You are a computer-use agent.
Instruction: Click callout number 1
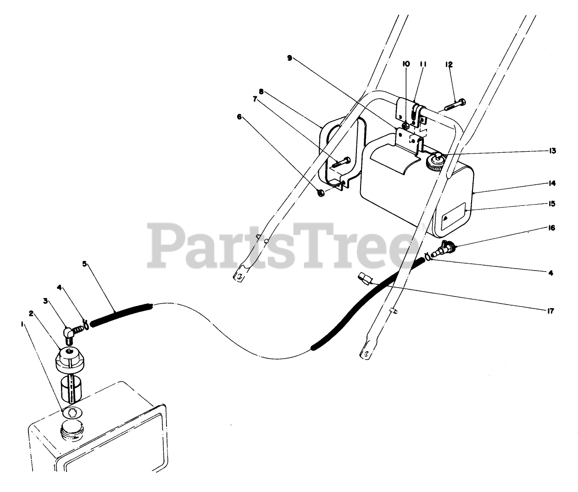click(22, 324)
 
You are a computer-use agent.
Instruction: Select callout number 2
click(31, 314)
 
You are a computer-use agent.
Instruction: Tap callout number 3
click(45, 301)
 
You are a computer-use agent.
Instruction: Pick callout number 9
click(289, 58)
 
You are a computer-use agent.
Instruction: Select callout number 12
click(449, 65)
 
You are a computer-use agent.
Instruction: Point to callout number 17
click(550, 311)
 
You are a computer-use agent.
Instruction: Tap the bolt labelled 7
click(341, 161)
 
